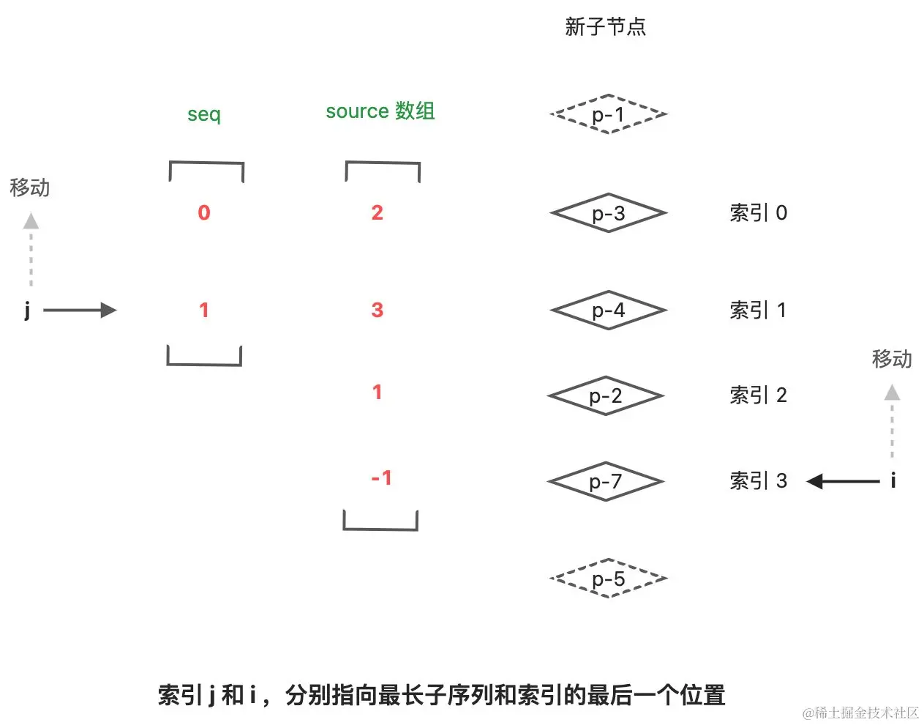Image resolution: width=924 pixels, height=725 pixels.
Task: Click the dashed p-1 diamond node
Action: point(608,114)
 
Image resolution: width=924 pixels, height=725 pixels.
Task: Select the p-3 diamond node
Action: point(608,213)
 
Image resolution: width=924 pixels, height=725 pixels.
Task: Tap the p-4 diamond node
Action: point(608,311)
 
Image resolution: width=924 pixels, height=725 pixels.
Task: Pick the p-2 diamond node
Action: point(606,396)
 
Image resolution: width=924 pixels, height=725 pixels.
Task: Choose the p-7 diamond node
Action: point(606,482)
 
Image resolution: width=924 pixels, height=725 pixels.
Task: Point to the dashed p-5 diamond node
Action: point(608,579)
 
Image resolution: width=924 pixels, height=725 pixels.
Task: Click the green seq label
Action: point(204,114)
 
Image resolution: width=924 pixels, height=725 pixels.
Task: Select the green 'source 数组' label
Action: point(380,111)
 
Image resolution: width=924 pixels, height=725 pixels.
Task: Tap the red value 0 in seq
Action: point(204,212)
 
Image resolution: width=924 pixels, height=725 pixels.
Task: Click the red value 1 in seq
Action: point(204,310)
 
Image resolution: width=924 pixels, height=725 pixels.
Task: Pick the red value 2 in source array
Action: point(378,212)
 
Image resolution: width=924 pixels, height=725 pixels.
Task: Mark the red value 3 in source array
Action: point(378,310)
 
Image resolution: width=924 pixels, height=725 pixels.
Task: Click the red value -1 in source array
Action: point(381,478)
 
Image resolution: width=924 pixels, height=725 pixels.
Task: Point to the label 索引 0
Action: point(758,213)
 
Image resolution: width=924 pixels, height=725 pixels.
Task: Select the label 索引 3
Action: point(758,481)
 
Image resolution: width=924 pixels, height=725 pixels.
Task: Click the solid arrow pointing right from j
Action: point(80,310)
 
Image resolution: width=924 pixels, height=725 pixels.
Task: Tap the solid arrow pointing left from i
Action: point(843,481)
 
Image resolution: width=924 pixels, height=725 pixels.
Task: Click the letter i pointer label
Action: point(893,480)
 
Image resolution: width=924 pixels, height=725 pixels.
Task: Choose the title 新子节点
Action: point(605,27)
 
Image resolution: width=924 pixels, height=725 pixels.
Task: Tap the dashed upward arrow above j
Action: point(31,248)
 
